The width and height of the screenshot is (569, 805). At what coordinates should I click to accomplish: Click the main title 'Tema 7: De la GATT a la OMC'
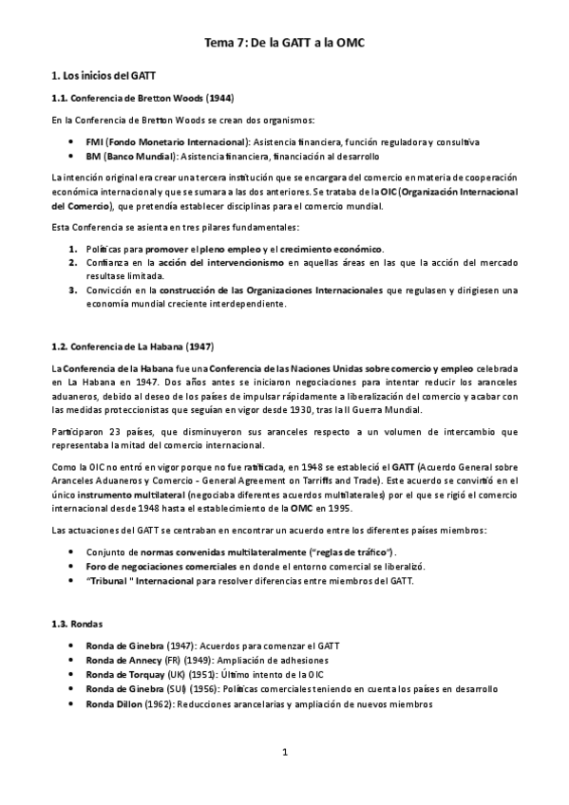[x=284, y=43]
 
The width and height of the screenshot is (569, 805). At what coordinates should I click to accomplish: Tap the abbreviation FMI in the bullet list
[x=94, y=140]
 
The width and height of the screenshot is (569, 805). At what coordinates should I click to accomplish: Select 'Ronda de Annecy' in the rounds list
[x=129, y=660]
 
